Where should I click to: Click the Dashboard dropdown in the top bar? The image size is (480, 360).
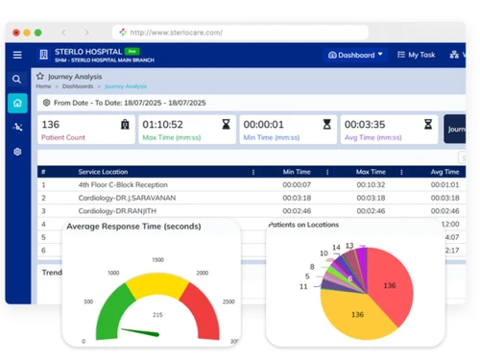pos(355,55)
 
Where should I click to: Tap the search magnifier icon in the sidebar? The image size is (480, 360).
pos(17,80)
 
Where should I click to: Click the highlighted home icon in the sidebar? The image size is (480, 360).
pos(17,103)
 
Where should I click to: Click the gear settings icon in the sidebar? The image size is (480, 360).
pos(17,152)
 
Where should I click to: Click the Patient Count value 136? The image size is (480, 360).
pos(51,124)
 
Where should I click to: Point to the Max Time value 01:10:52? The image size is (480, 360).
pos(163,124)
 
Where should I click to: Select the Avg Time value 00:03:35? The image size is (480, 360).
pos(365,124)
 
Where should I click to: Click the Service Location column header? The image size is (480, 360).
pos(108,172)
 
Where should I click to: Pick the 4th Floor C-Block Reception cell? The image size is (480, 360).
pos(123,184)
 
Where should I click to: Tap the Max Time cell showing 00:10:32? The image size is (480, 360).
pos(371,184)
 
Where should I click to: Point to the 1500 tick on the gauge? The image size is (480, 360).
pos(157,259)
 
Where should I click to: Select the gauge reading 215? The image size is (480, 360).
pos(157,315)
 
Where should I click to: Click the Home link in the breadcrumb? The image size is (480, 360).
pos(43,86)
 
